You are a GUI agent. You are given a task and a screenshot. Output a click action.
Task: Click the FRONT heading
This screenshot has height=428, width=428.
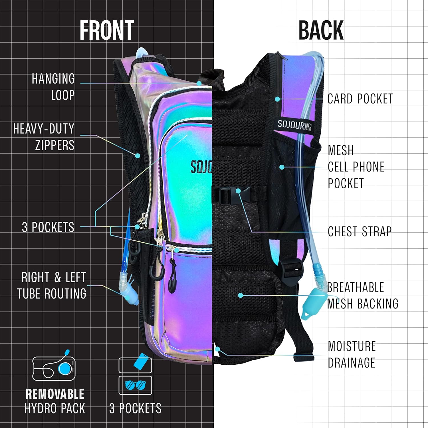point(107,30)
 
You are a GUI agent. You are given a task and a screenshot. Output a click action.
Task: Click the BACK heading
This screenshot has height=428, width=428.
point(321,30)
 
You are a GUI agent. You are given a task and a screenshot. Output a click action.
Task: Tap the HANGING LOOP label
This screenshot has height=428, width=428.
point(53,87)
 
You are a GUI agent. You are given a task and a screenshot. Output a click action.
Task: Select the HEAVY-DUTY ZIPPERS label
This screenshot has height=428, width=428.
point(44,137)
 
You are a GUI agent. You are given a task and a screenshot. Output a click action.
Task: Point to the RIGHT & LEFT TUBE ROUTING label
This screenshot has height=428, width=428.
point(52,285)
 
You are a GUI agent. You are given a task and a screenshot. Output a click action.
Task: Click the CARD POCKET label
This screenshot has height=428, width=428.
point(360,99)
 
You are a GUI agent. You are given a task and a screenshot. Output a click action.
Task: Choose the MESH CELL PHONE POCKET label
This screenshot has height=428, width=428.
point(356,167)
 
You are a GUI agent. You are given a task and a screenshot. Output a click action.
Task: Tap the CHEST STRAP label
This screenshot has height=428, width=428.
point(360,231)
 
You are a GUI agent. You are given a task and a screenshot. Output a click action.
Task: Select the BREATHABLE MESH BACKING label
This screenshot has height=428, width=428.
point(363,296)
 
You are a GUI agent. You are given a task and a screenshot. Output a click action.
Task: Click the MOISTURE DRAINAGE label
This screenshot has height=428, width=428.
point(352,354)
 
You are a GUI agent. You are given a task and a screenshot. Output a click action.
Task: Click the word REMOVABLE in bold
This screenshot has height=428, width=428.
point(55,394)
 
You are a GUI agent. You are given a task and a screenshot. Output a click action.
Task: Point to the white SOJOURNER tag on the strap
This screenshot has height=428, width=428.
point(294,125)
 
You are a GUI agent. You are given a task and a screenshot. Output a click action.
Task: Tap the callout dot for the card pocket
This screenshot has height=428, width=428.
point(277,99)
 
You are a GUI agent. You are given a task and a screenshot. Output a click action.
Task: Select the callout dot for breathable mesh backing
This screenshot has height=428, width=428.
point(241,295)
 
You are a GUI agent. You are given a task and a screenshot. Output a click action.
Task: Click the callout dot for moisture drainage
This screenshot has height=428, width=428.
point(217,349)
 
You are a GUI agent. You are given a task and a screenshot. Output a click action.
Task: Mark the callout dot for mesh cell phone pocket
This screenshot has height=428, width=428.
point(282,167)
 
